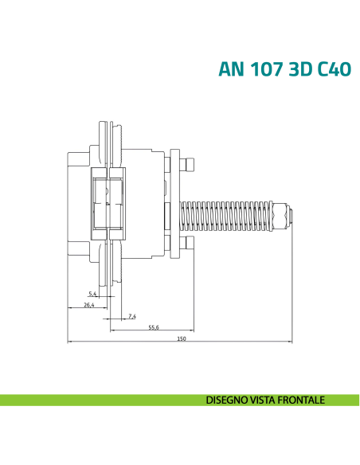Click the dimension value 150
[181, 339]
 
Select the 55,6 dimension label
[154, 327]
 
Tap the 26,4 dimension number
[88, 305]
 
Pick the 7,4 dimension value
[131, 316]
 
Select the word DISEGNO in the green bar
[225, 400]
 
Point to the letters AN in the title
[230, 69]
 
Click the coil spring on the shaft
[231, 214]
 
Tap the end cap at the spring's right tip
[290, 214]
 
